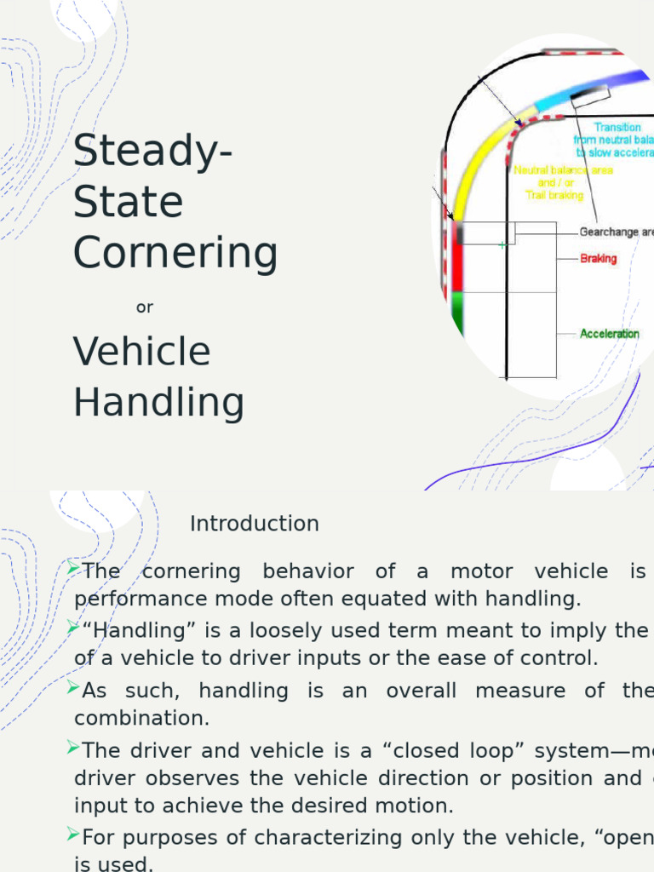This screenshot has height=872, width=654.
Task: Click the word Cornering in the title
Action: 175,253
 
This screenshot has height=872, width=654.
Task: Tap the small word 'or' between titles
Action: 145,307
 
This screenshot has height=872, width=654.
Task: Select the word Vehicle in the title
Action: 142,351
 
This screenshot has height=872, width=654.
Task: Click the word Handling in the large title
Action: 159,402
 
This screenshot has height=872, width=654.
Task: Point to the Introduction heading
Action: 254,524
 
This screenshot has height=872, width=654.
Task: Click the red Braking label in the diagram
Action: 598,258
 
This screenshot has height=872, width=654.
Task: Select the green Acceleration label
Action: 609,334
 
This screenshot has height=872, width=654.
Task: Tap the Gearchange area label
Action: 616,232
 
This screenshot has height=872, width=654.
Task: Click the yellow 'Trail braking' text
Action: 554,195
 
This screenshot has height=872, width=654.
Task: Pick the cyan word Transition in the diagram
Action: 617,127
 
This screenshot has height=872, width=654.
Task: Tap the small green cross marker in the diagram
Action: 502,245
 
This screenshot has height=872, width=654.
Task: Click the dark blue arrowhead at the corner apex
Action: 518,123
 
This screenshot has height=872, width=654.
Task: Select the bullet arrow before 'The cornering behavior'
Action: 73,568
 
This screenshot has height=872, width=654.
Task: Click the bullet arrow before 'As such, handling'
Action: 73,687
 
